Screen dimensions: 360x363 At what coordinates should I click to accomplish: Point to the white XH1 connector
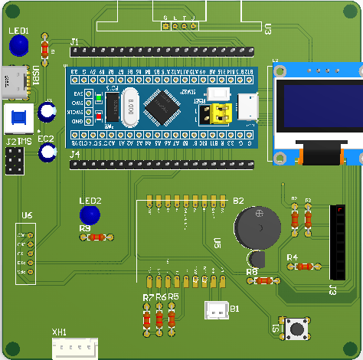[x=74, y=349]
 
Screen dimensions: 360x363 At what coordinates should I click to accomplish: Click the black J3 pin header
[x=338, y=242]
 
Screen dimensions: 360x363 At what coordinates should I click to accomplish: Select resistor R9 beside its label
[x=96, y=237]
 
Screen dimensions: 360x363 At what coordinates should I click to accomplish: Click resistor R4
[x=305, y=267]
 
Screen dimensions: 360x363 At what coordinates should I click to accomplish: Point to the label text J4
[x=75, y=155]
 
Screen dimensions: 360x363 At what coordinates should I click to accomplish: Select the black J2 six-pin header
[x=14, y=161]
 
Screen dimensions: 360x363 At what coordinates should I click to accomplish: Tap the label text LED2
[x=90, y=201]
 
